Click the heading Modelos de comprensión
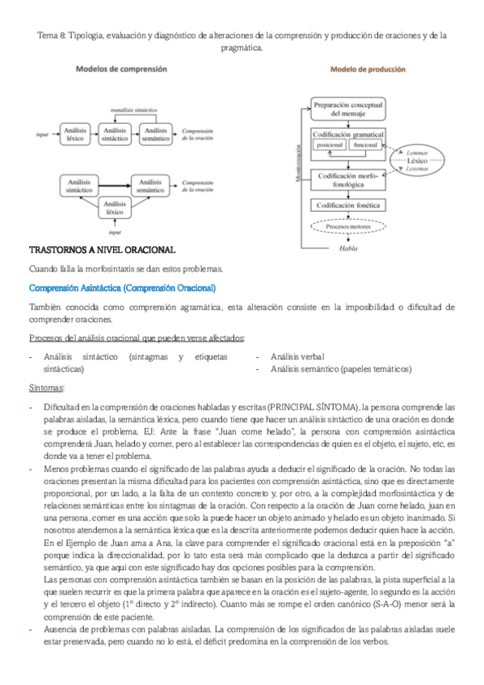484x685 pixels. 121,70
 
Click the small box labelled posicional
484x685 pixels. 330,145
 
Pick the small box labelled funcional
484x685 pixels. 366,145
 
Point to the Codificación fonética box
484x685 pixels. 347,206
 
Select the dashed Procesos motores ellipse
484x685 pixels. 347,227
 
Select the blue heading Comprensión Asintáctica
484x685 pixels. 122,288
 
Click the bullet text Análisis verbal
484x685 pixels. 297,355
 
